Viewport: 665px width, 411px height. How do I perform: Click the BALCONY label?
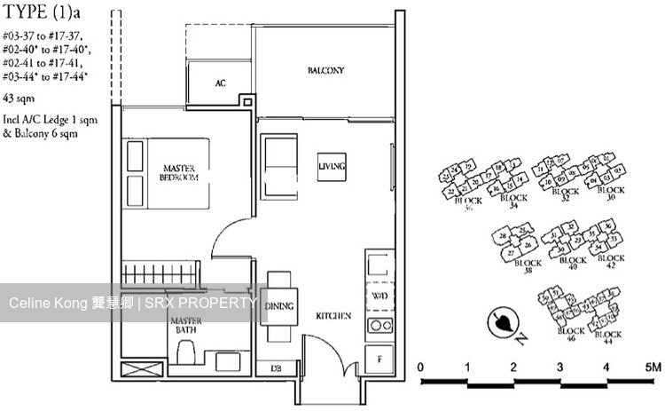pos(325,70)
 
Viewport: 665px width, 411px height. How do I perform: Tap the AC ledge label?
pos(220,83)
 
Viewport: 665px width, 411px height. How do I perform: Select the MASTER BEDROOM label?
pos(179,172)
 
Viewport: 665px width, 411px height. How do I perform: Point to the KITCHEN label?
pos(334,316)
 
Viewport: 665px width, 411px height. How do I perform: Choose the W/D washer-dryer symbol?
pos(379,296)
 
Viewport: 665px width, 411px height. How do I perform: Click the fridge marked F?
pos(379,359)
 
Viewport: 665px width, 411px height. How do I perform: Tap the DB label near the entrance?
pos(275,368)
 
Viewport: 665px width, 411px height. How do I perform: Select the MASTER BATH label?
pos(187,325)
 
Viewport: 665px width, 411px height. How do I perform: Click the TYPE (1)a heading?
pos(41,15)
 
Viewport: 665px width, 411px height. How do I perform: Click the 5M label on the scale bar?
pos(652,367)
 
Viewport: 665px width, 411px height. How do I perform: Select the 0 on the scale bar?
pos(422,367)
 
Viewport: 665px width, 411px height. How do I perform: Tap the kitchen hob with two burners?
pos(379,325)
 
